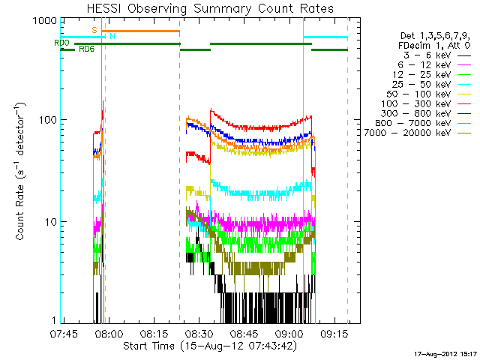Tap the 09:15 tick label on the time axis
(331, 334)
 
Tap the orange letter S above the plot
(94, 29)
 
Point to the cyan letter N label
(112, 35)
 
